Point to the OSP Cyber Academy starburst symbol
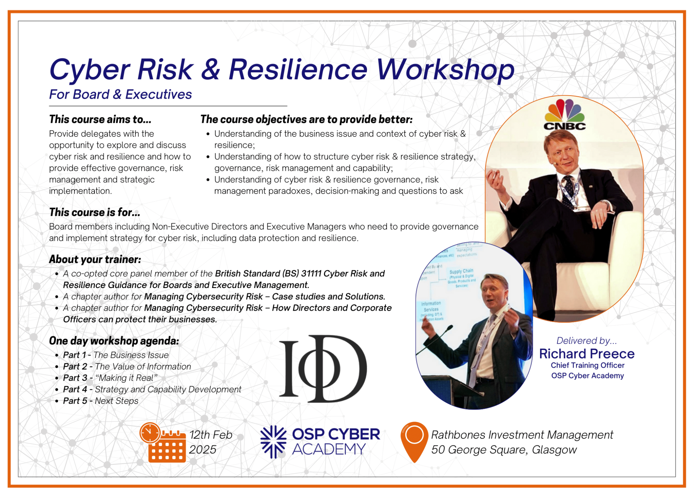[273, 442]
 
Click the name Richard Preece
[587, 354]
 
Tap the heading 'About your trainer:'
[95, 260]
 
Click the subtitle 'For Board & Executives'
[120, 94]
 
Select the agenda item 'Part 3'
[75, 378]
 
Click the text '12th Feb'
[211, 435]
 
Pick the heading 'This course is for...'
[95, 212]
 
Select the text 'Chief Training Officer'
[587, 365]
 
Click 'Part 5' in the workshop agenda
[75, 401]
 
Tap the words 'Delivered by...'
[587, 341]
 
